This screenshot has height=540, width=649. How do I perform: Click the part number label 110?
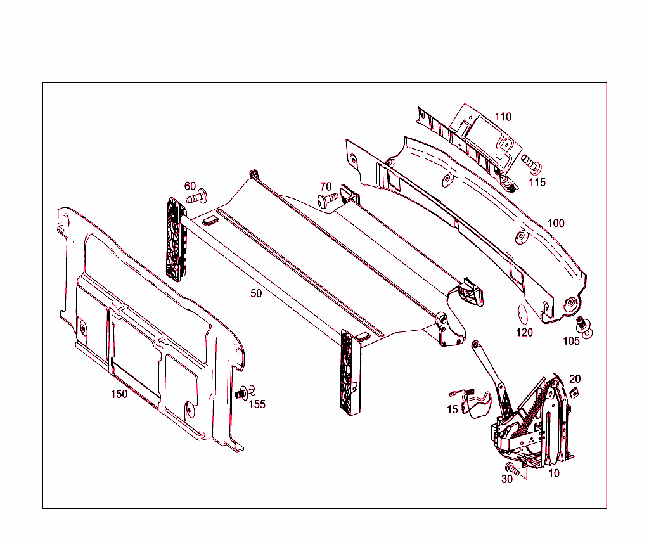click(503, 117)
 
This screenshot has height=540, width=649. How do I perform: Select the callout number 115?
click(537, 183)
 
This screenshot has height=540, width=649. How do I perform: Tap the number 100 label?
click(556, 223)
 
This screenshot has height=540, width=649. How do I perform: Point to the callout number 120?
click(524, 332)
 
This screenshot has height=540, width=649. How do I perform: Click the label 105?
click(571, 341)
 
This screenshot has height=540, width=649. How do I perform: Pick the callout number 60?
click(190, 186)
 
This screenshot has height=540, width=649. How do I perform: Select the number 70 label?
click(326, 186)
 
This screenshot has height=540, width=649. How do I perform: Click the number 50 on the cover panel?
click(256, 293)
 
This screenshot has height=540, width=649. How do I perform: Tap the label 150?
click(119, 394)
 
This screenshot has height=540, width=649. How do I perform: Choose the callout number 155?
click(257, 404)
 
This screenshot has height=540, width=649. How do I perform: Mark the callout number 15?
click(452, 409)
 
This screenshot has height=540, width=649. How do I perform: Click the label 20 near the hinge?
click(575, 379)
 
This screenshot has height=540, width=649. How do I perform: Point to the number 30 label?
click(506, 479)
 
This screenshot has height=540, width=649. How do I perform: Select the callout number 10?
click(554, 473)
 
